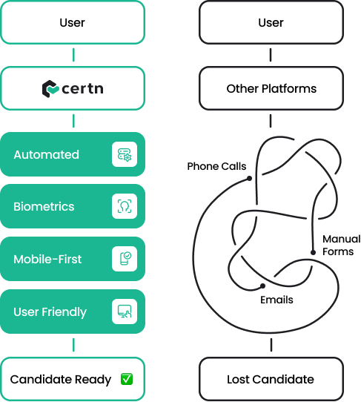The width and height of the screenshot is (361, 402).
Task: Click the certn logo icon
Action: tap(50, 89)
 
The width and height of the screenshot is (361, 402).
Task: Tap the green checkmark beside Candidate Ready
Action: tap(127, 379)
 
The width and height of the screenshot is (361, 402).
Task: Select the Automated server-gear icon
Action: tap(125, 154)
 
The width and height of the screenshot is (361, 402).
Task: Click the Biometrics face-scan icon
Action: tap(125, 206)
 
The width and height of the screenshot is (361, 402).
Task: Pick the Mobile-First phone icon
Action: tap(125, 258)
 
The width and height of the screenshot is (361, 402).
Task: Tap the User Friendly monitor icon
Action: tap(125, 312)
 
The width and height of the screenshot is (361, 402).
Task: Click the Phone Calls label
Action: tap(216, 166)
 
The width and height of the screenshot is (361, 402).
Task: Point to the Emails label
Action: tap(276, 300)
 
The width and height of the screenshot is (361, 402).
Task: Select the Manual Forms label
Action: tap(341, 245)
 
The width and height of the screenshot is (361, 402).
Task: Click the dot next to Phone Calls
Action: tap(249, 178)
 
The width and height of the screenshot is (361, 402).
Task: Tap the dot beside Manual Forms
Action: tap(313, 252)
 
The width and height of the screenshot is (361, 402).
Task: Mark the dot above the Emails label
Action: tap(262, 286)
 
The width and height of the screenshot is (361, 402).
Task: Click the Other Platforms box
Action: tap(271, 88)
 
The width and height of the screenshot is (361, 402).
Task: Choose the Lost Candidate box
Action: tap(271, 379)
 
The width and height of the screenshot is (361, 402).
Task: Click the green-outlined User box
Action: tap(73, 22)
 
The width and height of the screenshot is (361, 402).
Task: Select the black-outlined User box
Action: tap(271, 22)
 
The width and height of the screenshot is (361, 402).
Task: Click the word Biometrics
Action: tap(44, 207)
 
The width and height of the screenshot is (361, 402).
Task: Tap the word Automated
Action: tap(47, 154)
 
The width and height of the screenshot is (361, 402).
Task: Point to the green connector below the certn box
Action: tap(73, 121)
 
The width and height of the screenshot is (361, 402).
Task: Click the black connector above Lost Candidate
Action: tap(271, 345)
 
